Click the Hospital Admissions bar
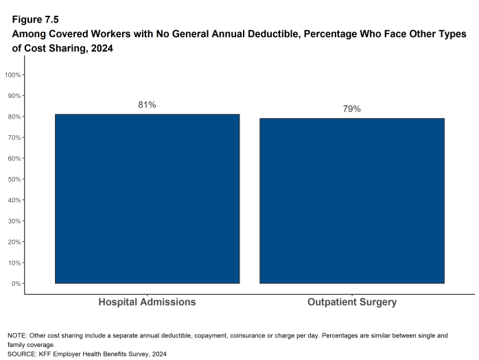point(147,199)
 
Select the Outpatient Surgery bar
point(352,201)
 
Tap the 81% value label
point(147,105)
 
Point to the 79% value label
point(352,109)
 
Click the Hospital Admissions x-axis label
point(147,302)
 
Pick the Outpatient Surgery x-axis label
point(352,302)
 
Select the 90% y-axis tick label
point(14,95)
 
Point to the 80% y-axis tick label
point(14,117)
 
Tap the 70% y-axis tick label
point(14,137)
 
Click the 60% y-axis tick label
point(14,158)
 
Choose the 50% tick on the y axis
point(14,179)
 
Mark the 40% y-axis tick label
point(14,200)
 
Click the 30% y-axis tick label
point(14,221)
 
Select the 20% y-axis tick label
point(14,242)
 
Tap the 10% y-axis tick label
point(14,263)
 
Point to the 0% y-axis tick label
point(16,284)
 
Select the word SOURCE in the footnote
point(22,354)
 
